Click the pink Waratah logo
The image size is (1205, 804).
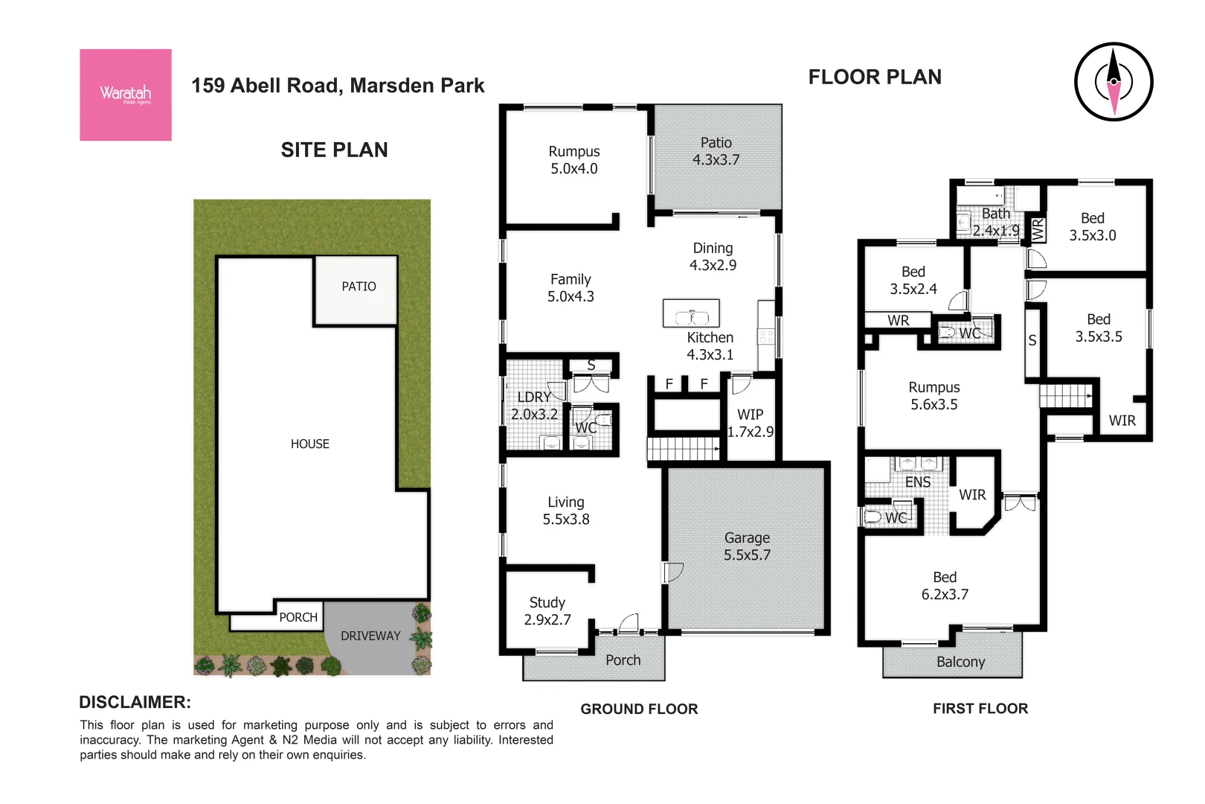[125, 95]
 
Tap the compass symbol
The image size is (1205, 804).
[1113, 82]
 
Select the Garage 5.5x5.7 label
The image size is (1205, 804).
[747, 546]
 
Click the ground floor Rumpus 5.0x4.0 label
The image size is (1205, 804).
[573, 160]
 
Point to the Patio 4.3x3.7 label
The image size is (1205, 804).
[716, 151]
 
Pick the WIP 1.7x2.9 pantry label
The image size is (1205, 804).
[750, 423]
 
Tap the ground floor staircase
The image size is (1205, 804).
[684, 449]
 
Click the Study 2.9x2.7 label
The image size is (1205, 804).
[547, 611]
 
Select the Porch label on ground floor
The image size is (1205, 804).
[623, 660]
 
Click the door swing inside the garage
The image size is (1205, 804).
[673, 572]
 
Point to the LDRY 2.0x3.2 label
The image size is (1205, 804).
[534, 406]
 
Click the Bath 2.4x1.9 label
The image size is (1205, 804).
[995, 222]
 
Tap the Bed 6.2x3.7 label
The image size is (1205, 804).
[945, 586]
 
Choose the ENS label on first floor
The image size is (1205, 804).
[917, 482]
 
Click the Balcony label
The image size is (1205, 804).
[960, 662]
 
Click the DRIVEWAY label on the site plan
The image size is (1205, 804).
[370, 636]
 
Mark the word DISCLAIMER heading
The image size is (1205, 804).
[135, 702]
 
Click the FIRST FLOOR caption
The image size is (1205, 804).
[980, 709]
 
